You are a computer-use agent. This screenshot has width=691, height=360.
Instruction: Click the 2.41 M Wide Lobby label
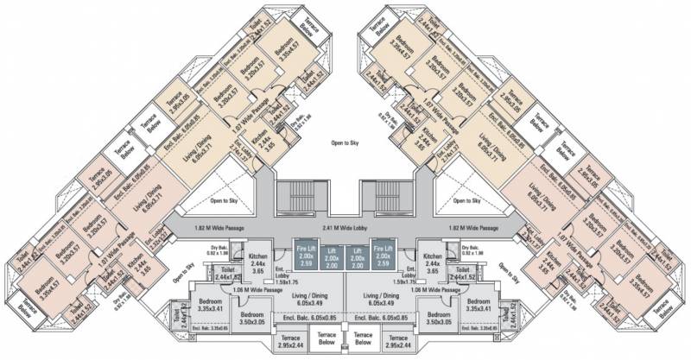[345, 228]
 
